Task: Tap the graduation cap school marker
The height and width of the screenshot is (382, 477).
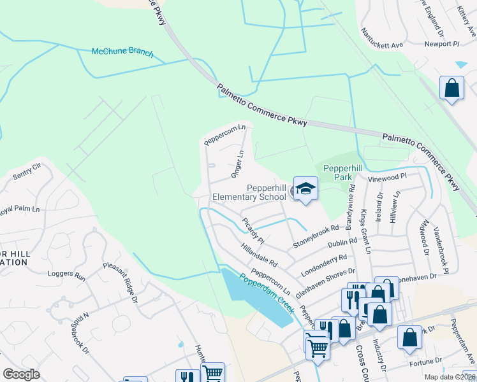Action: point(305,189)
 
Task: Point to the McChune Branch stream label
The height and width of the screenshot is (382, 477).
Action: point(122,52)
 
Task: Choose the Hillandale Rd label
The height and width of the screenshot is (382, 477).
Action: point(260,253)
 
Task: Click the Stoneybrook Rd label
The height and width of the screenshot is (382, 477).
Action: point(315,236)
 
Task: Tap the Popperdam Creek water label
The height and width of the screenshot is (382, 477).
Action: point(266,293)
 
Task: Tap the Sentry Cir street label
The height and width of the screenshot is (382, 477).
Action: point(27,167)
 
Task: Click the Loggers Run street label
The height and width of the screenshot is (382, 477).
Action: point(66,276)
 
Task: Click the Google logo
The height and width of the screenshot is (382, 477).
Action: point(21,374)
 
